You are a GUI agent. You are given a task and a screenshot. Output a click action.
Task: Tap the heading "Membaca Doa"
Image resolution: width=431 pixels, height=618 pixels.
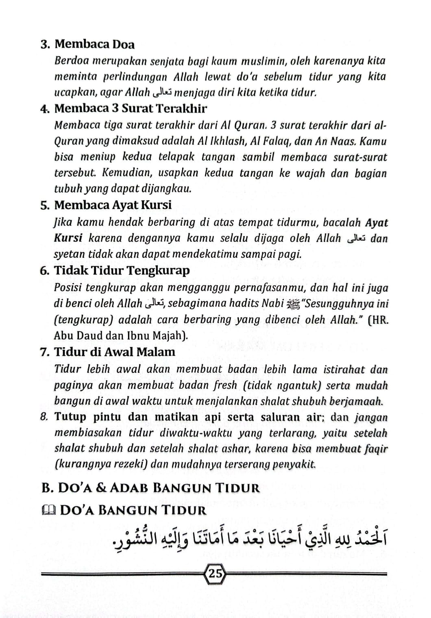coord(94,44)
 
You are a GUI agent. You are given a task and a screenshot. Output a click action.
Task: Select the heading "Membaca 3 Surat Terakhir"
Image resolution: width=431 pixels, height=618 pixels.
coord(131,109)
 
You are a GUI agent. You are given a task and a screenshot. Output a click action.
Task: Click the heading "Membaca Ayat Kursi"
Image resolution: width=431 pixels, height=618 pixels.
coord(113,205)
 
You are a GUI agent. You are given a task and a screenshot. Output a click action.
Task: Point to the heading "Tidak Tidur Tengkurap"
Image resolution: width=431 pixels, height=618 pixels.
coord(122,270)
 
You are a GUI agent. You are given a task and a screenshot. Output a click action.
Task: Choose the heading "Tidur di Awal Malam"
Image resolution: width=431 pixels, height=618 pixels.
coord(115,352)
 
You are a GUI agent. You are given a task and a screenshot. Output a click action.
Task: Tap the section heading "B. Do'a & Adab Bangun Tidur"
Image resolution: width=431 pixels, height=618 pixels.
coord(150,488)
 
